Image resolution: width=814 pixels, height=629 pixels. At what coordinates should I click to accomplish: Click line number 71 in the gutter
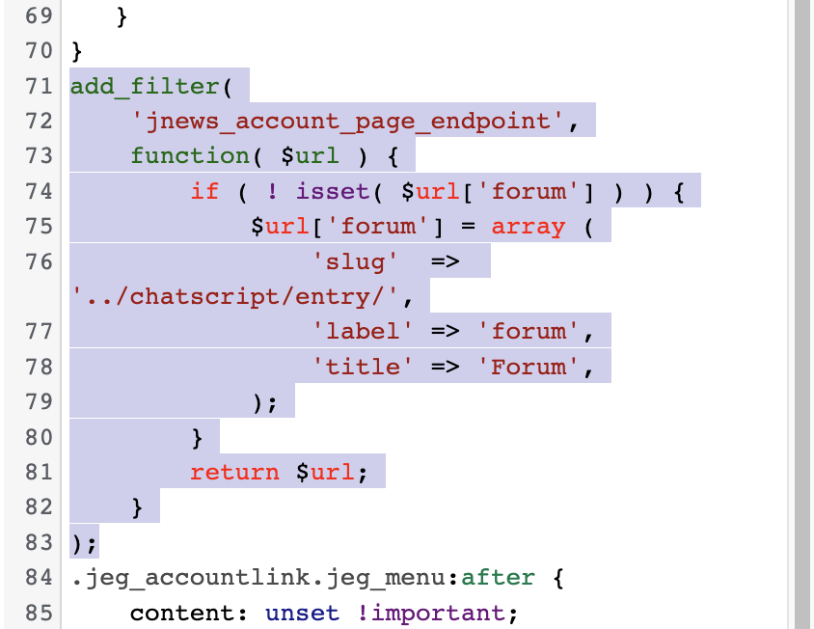pos(39,86)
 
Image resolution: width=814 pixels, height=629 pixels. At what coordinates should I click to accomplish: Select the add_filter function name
pos(145,86)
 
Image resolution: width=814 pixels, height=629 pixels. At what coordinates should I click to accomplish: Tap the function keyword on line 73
pos(190,156)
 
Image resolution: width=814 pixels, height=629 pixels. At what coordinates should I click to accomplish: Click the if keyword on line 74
pos(205,191)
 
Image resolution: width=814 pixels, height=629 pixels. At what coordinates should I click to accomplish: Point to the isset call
pos(333,191)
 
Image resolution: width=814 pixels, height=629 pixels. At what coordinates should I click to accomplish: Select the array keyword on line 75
pos(528,227)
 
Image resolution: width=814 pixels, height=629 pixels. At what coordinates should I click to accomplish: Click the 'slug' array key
pos(356,261)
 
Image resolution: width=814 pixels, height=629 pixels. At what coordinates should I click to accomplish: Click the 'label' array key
pos(363,331)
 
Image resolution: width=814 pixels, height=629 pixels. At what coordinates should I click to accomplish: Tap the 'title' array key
pos(363,367)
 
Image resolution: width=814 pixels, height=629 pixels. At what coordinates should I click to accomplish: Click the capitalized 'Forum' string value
pos(528,367)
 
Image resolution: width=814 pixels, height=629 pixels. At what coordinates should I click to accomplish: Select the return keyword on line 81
pos(234,472)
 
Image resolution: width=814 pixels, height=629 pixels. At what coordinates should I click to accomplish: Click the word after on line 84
pos(498,578)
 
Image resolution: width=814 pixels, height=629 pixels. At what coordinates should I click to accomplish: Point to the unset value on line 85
pos(303,613)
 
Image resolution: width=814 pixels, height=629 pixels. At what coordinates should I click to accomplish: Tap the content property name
pos(182,613)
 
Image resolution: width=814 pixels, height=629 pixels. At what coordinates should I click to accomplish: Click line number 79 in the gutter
pos(39,401)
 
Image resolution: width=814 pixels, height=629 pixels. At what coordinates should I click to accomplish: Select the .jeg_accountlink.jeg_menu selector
pos(258,578)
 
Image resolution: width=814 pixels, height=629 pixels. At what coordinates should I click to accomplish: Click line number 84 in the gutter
pos(39,578)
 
